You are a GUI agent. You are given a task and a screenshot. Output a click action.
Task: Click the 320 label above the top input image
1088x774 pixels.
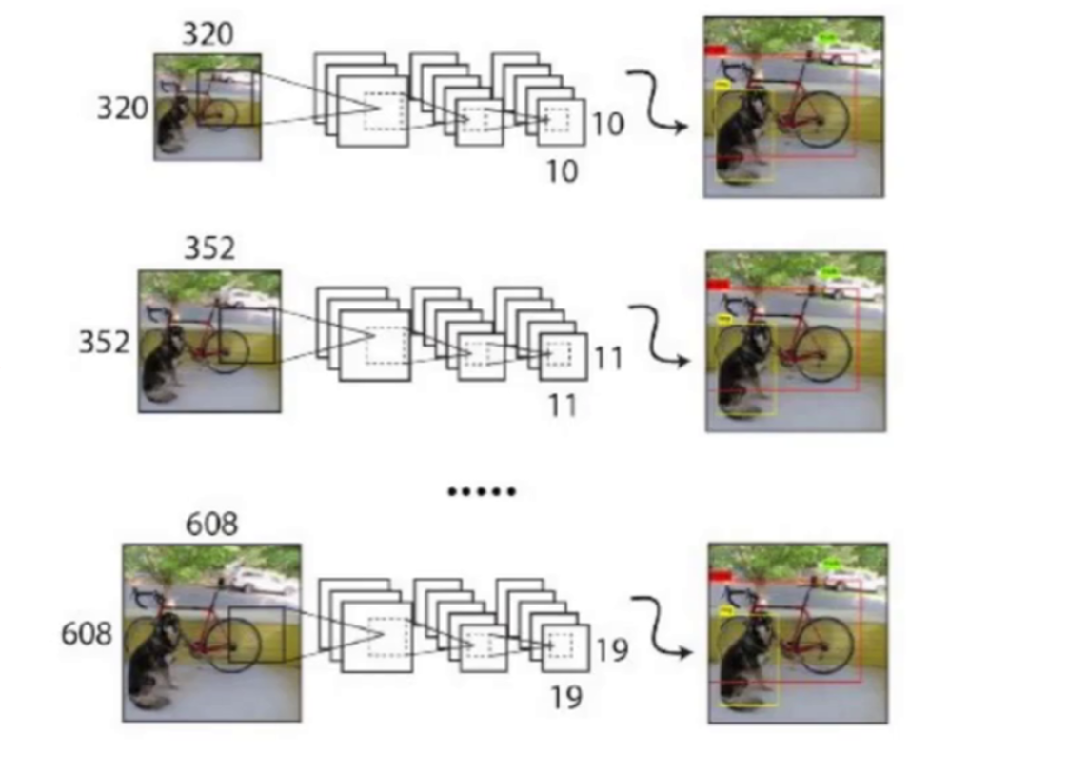point(207,34)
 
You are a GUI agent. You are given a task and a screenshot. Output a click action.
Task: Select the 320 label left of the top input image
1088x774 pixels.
point(123,109)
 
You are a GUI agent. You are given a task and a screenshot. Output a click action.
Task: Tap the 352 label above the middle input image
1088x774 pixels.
point(208,248)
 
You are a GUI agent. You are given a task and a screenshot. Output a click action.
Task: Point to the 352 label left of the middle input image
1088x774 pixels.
point(104,342)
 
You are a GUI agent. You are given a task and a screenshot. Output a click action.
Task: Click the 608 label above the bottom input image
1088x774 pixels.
point(211,525)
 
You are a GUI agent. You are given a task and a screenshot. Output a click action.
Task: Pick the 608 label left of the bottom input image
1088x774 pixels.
point(87,633)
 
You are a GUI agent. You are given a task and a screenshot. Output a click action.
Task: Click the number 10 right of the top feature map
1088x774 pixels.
point(608,124)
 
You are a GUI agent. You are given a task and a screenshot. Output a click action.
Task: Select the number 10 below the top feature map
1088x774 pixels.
point(563,171)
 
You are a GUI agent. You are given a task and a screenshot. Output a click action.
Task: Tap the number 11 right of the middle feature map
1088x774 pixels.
point(608,358)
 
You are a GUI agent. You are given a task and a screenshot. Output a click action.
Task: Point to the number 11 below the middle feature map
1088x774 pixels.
point(563,406)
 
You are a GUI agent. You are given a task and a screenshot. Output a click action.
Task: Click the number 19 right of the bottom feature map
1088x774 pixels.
point(612,650)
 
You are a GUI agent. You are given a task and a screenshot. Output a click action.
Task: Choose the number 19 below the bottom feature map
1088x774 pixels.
point(565,698)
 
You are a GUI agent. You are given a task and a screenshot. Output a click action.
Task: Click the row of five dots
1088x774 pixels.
point(482,492)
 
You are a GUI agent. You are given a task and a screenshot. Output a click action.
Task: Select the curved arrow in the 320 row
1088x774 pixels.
point(660,100)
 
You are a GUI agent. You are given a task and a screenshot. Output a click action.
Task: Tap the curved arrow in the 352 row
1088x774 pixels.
point(660,335)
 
